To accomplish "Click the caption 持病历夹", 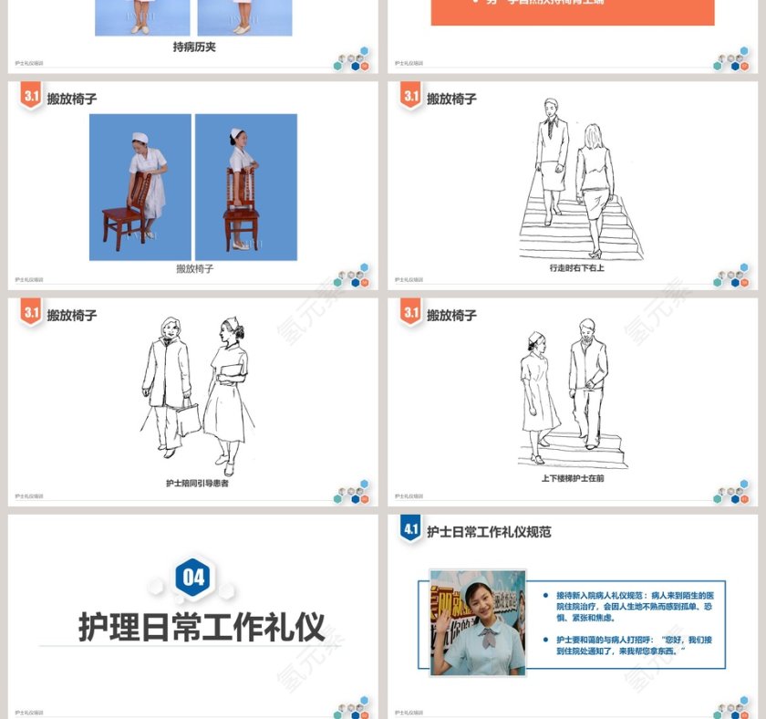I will click(194, 47).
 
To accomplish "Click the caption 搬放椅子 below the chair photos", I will click(194, 269).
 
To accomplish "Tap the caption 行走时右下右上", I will click(576, 268).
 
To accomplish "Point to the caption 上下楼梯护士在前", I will click(573, 477).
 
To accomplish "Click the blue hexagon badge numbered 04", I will click(194, 577).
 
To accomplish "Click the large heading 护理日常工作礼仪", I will click(202, 628).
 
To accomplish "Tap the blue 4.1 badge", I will click(410, 528).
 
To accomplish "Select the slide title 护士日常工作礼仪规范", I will click(489, 532).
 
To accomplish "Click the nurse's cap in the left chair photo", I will click(140, 138).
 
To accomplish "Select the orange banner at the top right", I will click(572, 11).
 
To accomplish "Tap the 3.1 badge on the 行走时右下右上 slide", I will click(411, 97).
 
